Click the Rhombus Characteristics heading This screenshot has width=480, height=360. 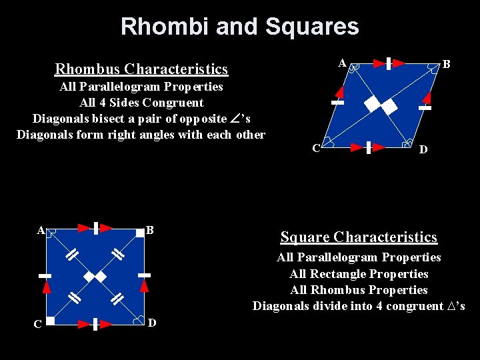point(141,69)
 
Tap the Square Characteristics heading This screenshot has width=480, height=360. point(359,237)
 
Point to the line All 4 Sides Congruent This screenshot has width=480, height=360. point(141,102)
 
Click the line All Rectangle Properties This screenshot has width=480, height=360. point(359,273)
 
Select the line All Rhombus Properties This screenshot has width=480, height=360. point(359,289)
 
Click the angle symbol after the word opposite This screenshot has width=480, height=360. point(233,118)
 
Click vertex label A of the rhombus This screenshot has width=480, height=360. point(342,63)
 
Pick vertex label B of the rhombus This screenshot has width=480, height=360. point(447,64)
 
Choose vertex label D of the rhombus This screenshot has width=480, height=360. point(423,149)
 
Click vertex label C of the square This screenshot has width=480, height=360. point(38,324)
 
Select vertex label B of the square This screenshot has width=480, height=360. point(150,230)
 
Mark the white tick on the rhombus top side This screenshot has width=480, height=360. point(387,63)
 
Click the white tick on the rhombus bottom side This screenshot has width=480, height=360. point(369,147)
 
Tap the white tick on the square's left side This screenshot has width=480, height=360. point(45,275)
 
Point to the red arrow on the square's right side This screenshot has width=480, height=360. point(144,285)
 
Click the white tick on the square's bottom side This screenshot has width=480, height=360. point(97,324)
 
